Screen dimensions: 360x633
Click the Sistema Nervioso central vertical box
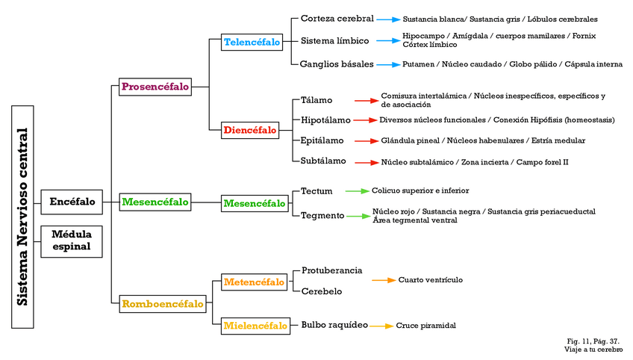(x=22, y=217)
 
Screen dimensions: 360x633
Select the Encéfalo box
(x=72, y=202)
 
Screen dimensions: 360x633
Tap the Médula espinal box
(x=72, y=240)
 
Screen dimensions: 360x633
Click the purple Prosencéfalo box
(x=155, y=87)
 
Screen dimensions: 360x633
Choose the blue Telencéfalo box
(x=252, y=43)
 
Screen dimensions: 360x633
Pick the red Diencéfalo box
(x=249, y=131)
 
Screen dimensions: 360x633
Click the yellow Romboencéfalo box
(x=163, y=304)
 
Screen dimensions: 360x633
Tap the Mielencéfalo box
(x=255, y=326)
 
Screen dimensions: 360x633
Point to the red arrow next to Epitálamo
(x=366, y=140)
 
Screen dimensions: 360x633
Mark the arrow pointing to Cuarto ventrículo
(x=384, y=280)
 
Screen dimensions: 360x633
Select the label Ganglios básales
(x=337, y=64)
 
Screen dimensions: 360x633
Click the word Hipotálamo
(x=325, y=120)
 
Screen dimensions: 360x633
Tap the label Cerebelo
(x=322, y=291)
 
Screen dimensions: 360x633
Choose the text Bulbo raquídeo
(x=334, y=326)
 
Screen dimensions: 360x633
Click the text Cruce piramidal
(x=425, y=326)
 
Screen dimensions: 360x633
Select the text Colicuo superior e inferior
(x=420, y=191)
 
